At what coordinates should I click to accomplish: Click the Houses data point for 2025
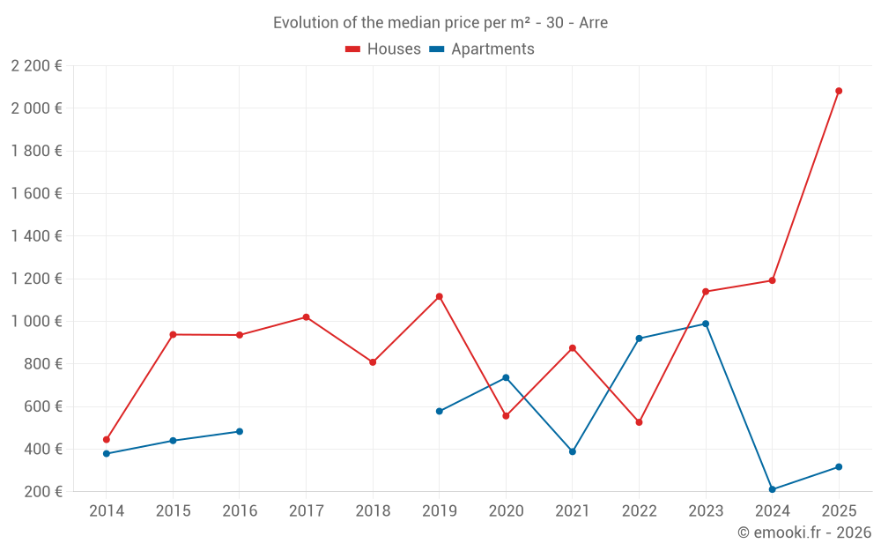839,91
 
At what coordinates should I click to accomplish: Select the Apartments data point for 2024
772,489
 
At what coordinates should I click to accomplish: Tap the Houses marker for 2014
107,439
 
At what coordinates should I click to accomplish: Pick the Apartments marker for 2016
240,431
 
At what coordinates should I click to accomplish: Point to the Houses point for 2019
439,296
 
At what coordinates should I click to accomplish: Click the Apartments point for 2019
439,411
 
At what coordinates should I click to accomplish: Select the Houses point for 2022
639,422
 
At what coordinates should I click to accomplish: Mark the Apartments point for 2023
706,324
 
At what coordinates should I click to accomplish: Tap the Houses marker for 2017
306,317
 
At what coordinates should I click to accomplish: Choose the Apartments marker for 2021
573,451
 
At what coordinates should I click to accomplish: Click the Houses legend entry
383,49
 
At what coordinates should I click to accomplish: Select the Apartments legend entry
482,49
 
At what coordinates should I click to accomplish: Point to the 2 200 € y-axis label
37,65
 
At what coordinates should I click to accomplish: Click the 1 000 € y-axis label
37,322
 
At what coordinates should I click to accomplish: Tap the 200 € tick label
42,492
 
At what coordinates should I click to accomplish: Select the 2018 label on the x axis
373,511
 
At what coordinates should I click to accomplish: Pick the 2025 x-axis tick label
839,511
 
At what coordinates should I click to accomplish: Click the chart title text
440,23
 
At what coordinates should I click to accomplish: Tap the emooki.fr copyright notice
804,532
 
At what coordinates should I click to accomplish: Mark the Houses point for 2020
506,415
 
